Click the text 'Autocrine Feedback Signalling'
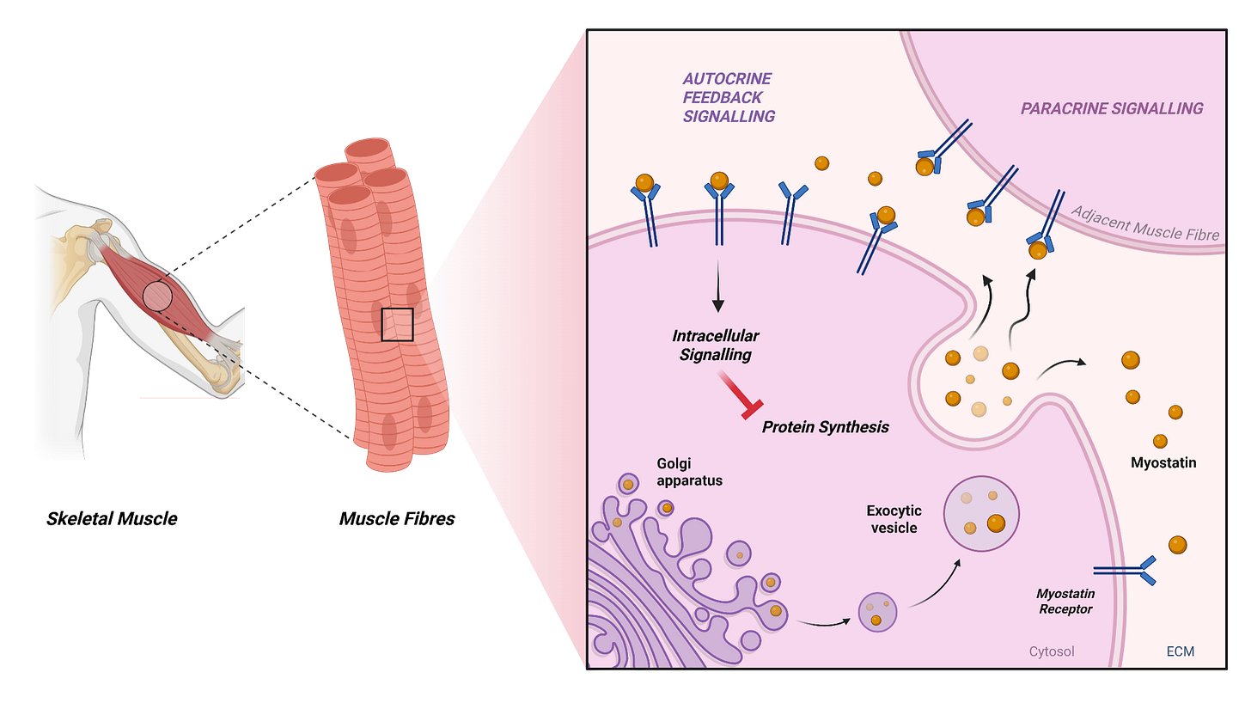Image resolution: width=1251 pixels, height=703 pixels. tap(729, 98)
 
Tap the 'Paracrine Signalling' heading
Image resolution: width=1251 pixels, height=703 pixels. tap(1111, 109)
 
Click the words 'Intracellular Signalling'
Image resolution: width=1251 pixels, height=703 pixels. tap(716, 345)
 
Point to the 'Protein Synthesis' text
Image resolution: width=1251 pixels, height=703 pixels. tap(825, 427)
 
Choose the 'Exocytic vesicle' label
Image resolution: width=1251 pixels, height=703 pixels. tap(894, 519)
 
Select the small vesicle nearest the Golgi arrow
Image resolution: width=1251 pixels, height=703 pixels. tap(878, 613)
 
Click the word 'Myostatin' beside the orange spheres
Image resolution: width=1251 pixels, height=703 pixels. tap(1163, 463)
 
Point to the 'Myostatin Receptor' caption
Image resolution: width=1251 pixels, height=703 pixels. tap(1065, 602)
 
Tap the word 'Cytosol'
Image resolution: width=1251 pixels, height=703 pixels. tap(1052, 651)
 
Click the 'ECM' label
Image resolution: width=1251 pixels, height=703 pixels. tap(1181, 651)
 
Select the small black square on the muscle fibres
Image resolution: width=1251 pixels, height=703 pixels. tap(398, 324)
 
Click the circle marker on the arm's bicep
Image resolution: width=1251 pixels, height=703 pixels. tap(157, 296)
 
